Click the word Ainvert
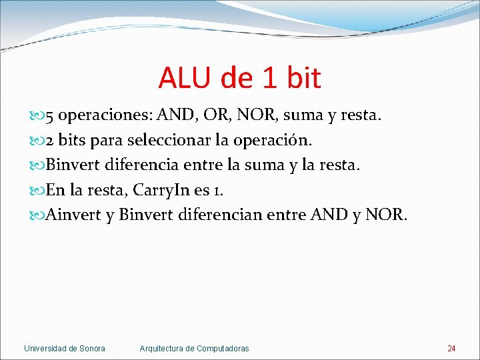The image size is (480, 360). click(73, 215)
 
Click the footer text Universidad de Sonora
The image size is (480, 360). click(64, 349)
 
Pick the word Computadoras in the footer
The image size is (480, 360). click(222, 349)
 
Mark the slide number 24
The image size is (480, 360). click(451, 349)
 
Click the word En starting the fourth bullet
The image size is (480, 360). click(55, 190)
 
